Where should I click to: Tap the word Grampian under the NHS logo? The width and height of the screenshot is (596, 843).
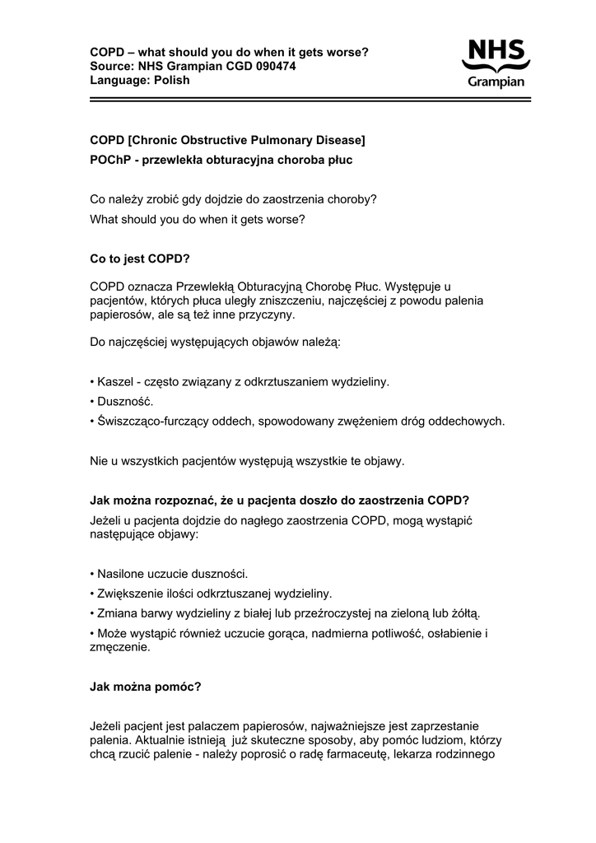point(496,82)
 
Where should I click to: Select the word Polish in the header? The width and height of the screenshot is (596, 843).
point(171,80)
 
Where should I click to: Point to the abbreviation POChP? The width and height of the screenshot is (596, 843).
point(110,160)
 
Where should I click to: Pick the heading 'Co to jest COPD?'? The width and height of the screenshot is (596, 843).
point(140,259)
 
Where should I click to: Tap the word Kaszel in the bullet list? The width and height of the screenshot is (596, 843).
point(114,382)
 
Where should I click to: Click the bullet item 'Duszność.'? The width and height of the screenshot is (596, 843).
point(125,402)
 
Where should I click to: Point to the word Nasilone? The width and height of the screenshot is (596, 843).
point(122,574)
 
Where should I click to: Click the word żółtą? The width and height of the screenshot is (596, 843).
point(461,613)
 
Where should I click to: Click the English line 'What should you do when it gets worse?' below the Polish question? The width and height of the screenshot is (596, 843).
point(197,220)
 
